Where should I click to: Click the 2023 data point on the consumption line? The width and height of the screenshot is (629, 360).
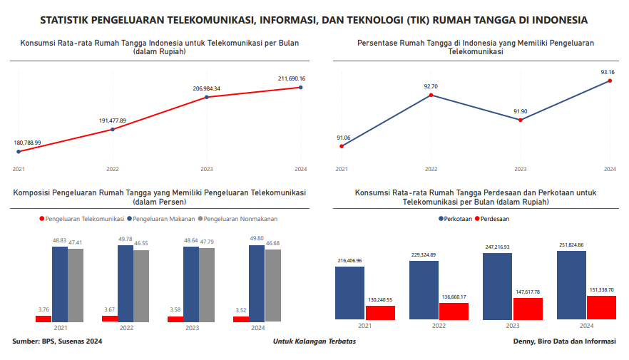tap(207, 97)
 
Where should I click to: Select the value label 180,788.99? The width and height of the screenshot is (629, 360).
tap(28, 143)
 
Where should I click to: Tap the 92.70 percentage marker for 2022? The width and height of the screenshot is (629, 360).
tap(431, 95)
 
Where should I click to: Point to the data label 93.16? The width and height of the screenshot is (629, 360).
tap(608, 72)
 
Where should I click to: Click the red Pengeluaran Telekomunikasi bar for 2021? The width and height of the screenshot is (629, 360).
tap(44, 319)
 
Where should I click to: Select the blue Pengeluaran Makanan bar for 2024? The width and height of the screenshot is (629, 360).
tap(257, 283)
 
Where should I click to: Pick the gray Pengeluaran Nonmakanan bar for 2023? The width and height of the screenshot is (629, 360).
tap(207, 285)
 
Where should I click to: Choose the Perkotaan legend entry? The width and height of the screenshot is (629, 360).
tap(457, 219)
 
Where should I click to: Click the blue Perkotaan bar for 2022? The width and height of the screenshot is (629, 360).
tap(424, 290)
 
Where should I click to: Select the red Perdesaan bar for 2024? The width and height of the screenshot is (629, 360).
tap(601, 307)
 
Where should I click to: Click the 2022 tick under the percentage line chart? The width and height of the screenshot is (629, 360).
tap(431, 169)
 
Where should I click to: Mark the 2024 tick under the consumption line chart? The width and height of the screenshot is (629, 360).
tap(300, 169)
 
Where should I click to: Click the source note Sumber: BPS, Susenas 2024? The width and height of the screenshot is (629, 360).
tap(58, 341)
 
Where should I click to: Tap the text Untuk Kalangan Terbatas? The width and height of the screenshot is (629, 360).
tap(314, 341)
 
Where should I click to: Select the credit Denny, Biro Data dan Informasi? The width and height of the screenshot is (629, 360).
tap(564, 341)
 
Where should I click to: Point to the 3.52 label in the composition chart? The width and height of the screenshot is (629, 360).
tap(241, 309)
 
